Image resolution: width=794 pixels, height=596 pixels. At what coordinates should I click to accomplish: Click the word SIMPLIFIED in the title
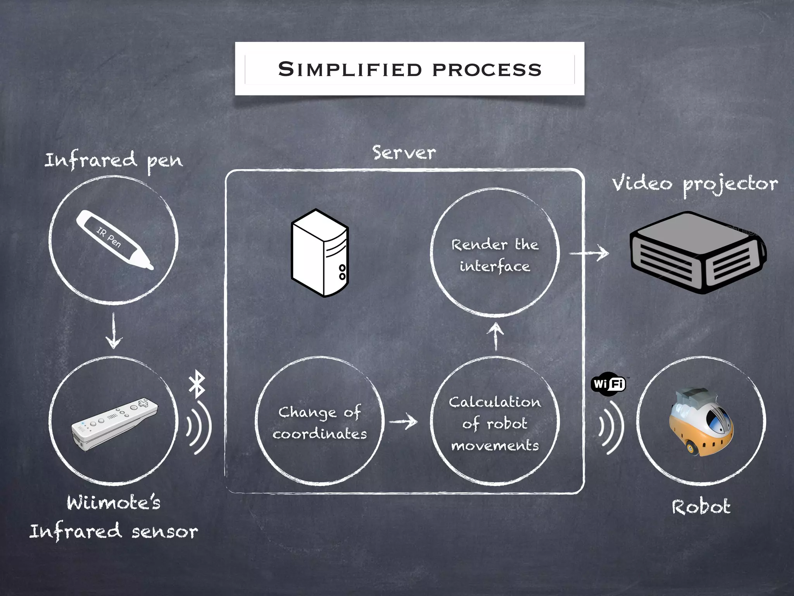(350, 70)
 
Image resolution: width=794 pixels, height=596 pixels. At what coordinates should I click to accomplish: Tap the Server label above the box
(404, 153)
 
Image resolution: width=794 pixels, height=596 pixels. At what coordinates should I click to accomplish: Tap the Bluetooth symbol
(197, 384)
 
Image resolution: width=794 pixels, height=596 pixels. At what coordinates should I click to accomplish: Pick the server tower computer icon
(320, 253)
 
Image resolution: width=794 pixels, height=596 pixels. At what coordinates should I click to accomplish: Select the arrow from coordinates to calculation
(403, 421)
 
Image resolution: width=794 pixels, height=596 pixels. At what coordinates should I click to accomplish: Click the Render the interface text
(495, 255)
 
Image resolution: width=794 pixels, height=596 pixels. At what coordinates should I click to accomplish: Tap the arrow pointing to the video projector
(589, 253)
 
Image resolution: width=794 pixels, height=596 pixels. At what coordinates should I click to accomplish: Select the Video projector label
(695, 184)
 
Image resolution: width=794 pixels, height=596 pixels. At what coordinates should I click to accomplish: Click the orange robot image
(701, 421)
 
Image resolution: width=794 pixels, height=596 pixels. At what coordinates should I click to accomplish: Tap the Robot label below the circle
(701, 507)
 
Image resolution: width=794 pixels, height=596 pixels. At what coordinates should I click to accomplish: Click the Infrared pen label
(113, 161)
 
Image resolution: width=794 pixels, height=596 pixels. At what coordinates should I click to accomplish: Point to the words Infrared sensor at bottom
(113, 532)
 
